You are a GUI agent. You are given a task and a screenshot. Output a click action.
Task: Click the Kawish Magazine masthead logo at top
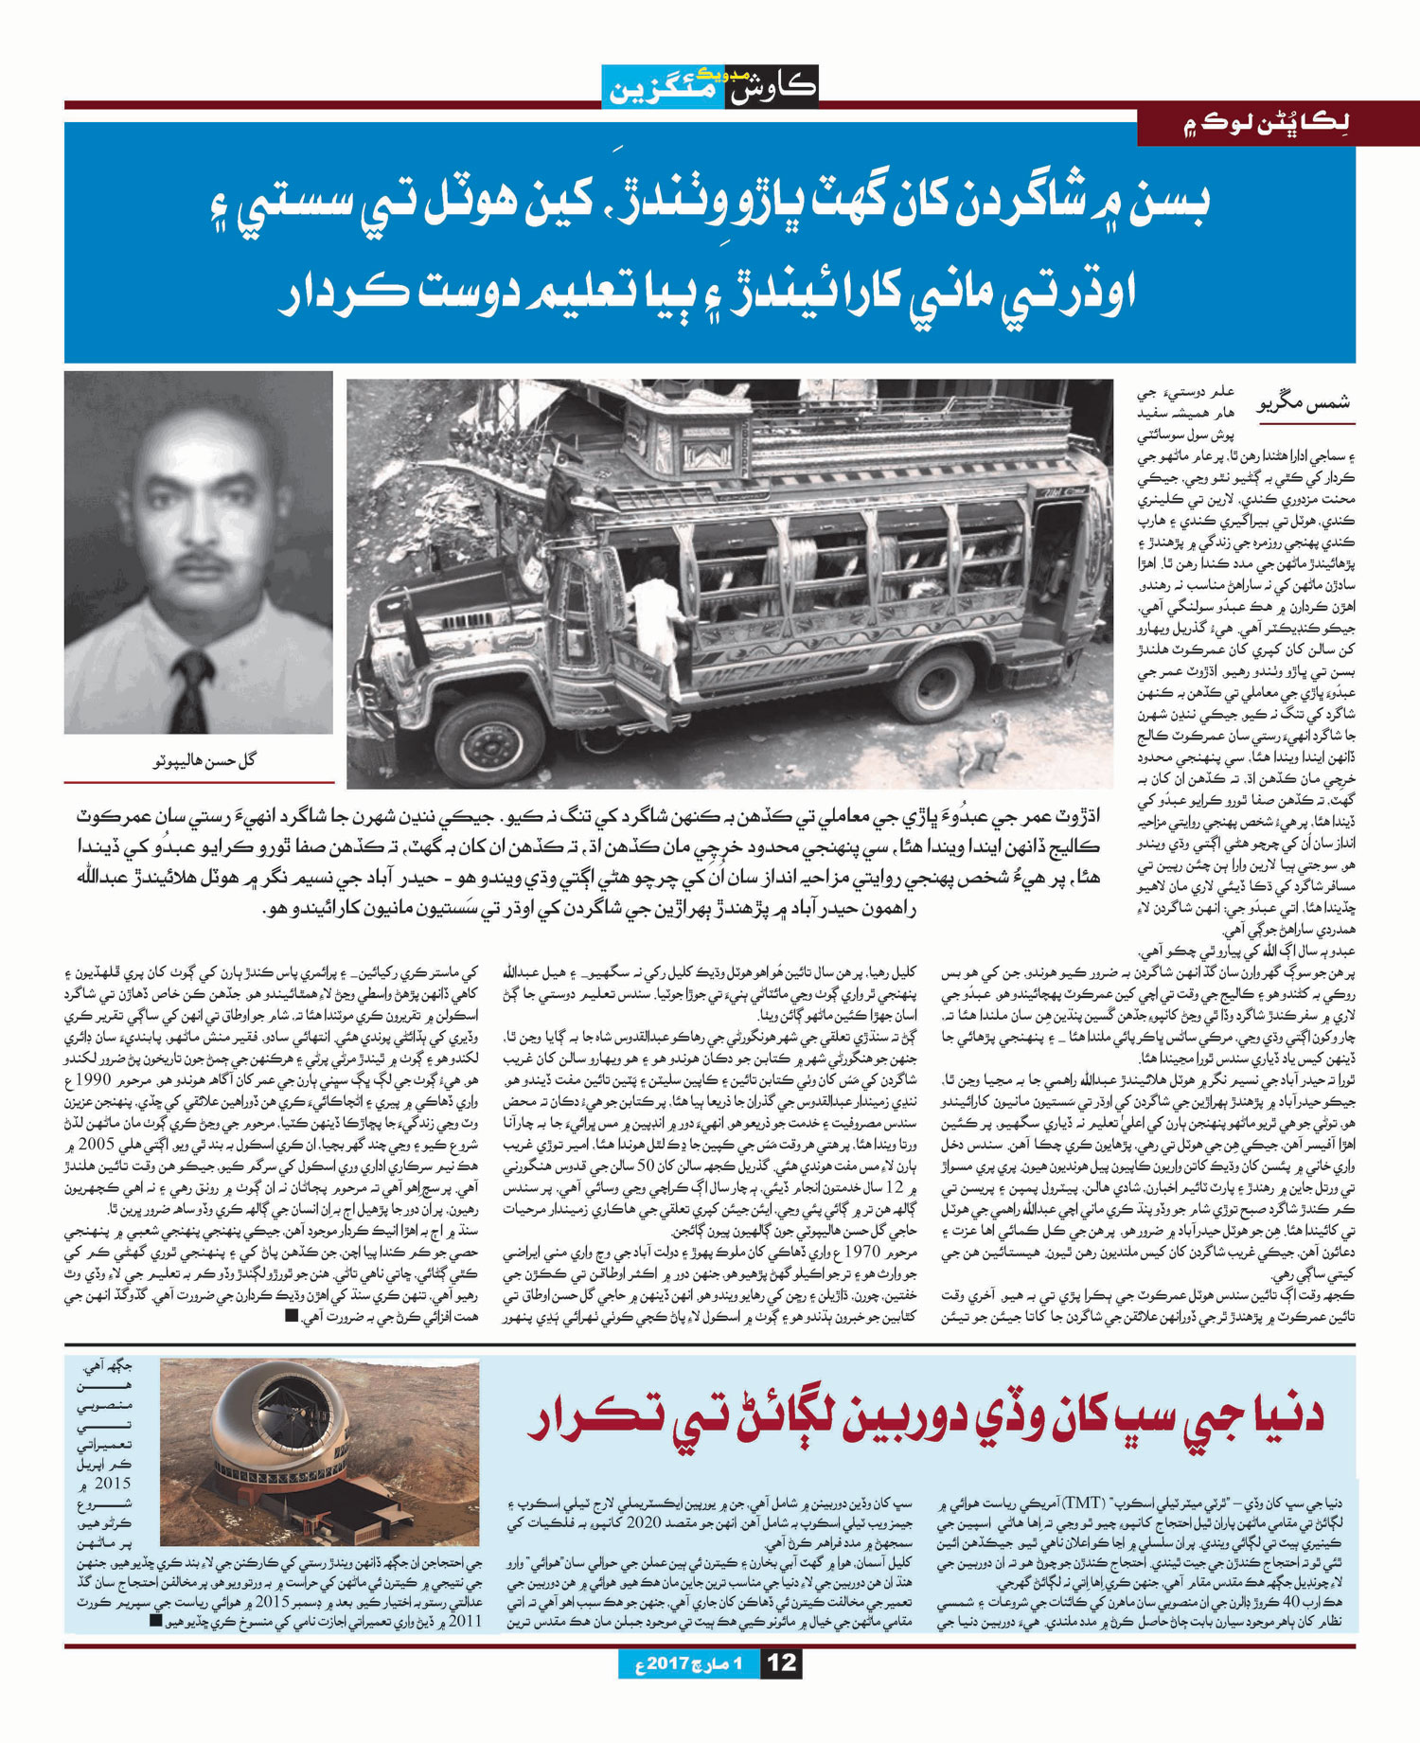(710, 86)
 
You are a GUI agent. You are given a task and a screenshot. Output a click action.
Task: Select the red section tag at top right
(1278, 127)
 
